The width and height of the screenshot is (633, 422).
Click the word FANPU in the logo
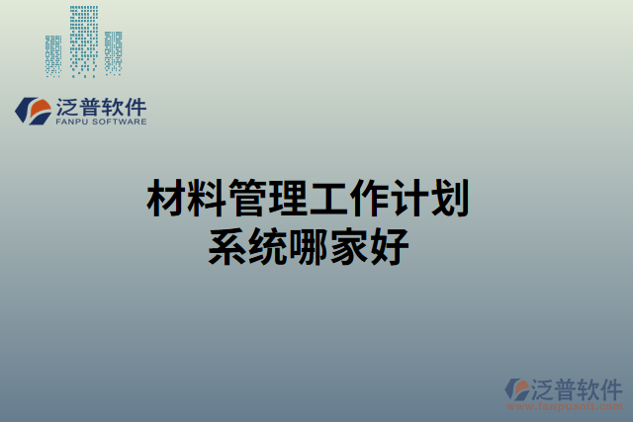[72, 123]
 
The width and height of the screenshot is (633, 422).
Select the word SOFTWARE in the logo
[120, 123]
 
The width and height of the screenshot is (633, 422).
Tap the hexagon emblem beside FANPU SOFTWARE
[32, 111]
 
